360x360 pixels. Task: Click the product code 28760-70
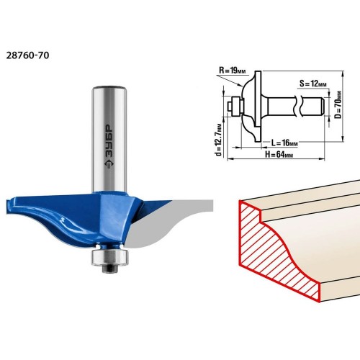point(27,55)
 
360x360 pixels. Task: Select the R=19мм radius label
point(233,71)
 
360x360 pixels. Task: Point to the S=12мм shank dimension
point(313,84)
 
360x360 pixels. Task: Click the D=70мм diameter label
point(338,105)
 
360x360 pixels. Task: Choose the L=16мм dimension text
point(284,143)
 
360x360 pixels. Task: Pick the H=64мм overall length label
point(279,154)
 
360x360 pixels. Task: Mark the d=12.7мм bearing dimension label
point(219,139)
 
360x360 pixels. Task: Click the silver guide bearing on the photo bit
point(109,258)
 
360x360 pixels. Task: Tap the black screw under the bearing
point(109,269)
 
